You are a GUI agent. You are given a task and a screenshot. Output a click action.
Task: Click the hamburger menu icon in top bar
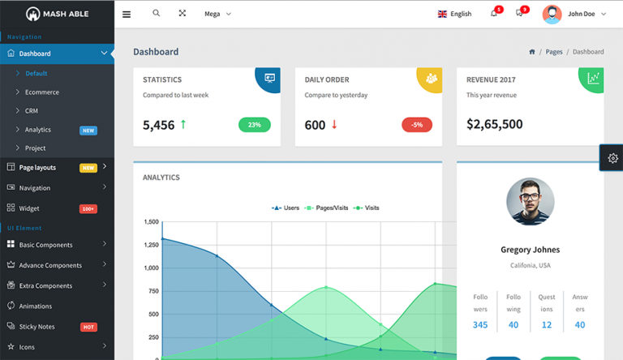click(x=127, y=14)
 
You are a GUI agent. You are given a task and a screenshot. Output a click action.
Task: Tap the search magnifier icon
click(x=157, y=14)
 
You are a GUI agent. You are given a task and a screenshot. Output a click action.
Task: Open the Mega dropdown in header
click(x=217, y=14)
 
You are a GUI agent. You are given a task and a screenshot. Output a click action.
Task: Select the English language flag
click(x=442, y=14)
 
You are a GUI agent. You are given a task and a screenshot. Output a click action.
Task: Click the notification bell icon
click(x=494, y=14)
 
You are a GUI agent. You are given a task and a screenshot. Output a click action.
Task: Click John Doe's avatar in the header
click(x=552, y=14)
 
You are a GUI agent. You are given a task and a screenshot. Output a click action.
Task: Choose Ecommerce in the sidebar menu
click(x=41, y=92)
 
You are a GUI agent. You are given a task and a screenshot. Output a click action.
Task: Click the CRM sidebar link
click(x=32, y=111)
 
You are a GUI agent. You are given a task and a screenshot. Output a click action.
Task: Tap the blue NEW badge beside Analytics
click(x=88, y=130)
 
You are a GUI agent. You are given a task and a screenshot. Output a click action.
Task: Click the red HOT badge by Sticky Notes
click(x=88, y=327)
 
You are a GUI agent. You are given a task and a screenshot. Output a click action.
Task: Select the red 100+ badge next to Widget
click(x=88, y=208)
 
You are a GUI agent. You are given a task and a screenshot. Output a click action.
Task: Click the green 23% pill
click(x=254, y=125)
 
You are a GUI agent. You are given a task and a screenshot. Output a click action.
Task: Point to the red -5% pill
click(x=417, y=125)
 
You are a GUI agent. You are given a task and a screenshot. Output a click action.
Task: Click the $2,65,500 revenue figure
click(x=495, y=124)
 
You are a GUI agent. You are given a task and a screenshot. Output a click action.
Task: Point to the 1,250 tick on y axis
click(x=151, y=245)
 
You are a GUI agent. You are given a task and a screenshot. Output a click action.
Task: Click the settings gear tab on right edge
click(x=612, y=158)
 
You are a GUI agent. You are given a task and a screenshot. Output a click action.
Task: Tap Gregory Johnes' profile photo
click(x=530, y=201)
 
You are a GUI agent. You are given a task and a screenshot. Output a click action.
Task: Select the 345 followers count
click(x=480, y=325)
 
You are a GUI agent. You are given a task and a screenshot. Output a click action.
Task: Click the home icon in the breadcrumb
click(x=532, y=52)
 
